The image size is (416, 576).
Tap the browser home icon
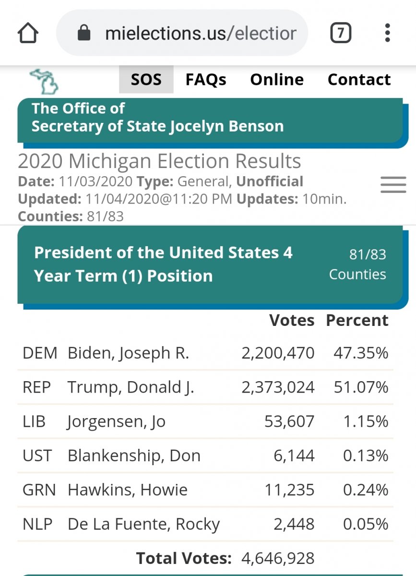[x=28, y=33]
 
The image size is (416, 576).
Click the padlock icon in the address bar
[x=84, y=33]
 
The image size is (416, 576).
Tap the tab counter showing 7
[x=340, y=33]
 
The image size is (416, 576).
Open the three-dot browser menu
[x=387, y=33]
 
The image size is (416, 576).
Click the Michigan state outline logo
[x=44, y=81]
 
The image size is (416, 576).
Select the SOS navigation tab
[x=146, y=80]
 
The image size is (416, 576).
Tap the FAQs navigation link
[x=206, y=80]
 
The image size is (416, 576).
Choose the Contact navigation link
[x=359, y=80]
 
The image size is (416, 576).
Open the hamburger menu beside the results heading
[x=393, y=184]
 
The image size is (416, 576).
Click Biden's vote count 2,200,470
[x=278, y=353]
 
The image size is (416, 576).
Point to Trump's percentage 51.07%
[x=361, y=387]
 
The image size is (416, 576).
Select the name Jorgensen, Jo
[x=117, y=422]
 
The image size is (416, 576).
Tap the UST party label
[x=37, y=456]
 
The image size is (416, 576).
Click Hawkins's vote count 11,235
[x=289, y=490]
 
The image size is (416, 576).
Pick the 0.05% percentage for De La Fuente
[x=365, y=524]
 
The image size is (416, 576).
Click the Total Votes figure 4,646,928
[x=278, y=558]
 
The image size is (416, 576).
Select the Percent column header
[x=357, y=321]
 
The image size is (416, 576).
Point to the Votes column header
[x=292, y=321]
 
